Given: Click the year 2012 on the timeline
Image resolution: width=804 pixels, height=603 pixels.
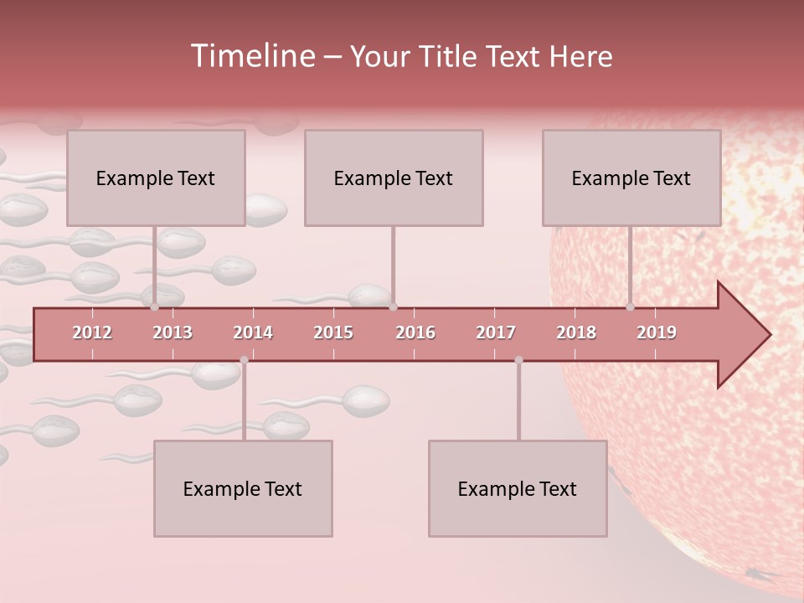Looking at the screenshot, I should (x=92, y=332).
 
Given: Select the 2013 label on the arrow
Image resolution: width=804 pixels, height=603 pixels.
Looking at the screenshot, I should (x=173, y=332).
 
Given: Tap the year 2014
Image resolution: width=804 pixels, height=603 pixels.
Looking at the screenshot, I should (x=253, y=332).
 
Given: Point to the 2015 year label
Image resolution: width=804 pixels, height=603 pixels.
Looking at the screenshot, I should (x=333, y=332).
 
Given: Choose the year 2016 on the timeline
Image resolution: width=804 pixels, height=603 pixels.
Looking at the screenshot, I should (x=415, y=332).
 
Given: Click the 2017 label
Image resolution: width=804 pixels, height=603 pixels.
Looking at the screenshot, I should (x=496, y=332).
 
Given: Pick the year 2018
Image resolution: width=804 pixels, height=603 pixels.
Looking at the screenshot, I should (x=576, y=332).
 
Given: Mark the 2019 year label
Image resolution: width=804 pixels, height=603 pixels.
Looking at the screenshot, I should (x=657, y=332).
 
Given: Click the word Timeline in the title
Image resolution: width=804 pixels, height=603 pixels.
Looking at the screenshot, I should (x=251, y=56).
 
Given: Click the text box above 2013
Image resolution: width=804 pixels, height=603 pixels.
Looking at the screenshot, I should (x=156, y=178).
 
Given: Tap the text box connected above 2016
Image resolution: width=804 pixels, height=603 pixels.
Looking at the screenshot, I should (x=394, y=178).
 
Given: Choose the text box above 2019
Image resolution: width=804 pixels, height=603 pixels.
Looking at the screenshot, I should (x=631, y=178).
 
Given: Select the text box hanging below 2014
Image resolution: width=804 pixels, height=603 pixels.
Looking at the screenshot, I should (x=243, y=488).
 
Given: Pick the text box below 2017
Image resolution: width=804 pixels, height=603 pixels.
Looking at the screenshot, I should (x=518, y=488).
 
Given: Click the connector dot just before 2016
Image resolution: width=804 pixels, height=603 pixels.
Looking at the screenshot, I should (x=393, y=307).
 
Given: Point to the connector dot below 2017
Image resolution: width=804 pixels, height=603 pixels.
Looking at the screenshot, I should (x=518, y=360).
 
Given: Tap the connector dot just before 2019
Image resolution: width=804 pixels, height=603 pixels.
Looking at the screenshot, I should (x=630, y=307).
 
